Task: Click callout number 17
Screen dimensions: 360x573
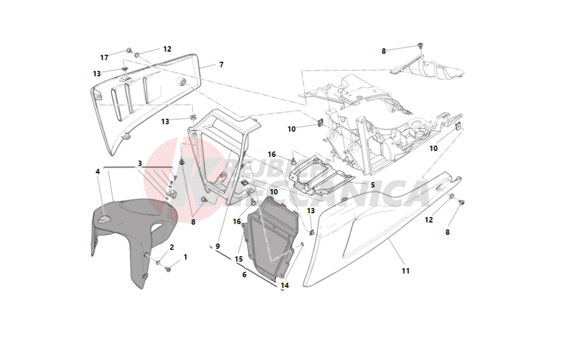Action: pyautogui.click(x=104, y=57)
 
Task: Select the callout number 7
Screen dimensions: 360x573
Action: pyautogui.click(x=221, y=65)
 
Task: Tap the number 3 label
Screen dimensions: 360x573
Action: pyautogui.click(x=139, y=163)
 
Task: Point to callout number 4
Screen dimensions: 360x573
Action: pyautogui.click(x=98, y=171)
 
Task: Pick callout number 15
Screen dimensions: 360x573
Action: pyautogui.click(x=244, y=275)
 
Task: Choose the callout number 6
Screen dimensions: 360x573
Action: pyautogui.click(x=244, y=275)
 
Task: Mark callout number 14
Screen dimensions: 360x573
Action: pyautogui.click(x=284, y=285)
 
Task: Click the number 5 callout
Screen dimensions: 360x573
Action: pyautogui.click(x=372, y=185)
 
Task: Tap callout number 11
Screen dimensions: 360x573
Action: pyautogui.click(x=405, y=271)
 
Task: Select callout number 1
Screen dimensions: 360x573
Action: pyautogui.click(x=185, y=257)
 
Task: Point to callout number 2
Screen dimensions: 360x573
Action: pyautogui.click(x=171, y=247)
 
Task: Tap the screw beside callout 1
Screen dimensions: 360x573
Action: pyautogui.click(x=168, y=268)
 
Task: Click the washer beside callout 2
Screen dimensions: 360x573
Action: pyautogui.click(x=158, y=262)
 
